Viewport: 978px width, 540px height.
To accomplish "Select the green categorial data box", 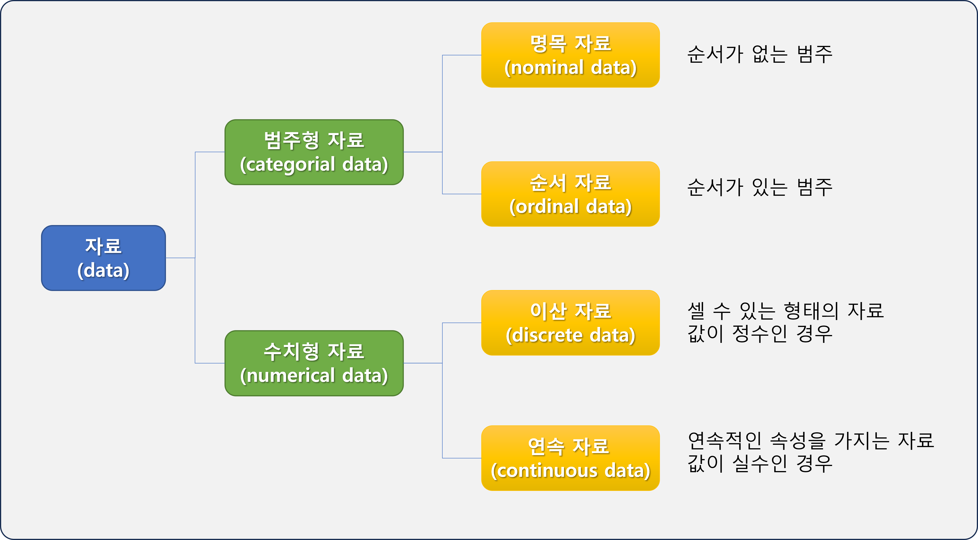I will (x=314, y=152).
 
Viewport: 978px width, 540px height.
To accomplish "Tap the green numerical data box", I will (x=314, y=363).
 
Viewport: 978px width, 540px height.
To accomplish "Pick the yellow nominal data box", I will (x=570, y=55).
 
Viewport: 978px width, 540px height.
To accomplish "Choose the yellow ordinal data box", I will (x=570, y=194).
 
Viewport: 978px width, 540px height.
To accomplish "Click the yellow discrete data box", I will (x=570, y=323).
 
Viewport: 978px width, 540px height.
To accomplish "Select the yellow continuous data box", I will (x=570, y=458).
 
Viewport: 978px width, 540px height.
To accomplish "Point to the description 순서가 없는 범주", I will (x=760, y=54).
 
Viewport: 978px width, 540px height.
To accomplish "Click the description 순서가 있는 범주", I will (x=760, y=187).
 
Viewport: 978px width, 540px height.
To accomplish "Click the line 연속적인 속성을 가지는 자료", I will (x=811, y=440).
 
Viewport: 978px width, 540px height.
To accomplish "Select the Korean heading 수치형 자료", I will (x=314, y=351).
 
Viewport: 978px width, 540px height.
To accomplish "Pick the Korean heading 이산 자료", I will (x=570, y=311).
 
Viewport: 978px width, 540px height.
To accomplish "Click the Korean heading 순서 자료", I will (x=570, y=182).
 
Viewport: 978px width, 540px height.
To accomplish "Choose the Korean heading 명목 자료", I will (x=570, y=43).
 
